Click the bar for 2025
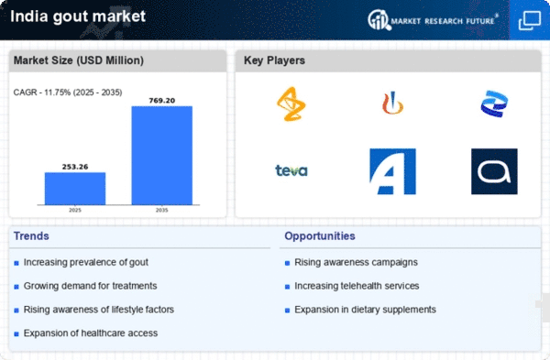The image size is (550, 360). click(x=75, y=189)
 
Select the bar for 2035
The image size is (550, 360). click(x=162, y=156)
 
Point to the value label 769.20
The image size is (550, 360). click(x=162, y=101)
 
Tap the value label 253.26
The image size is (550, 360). click(x=75, y=167)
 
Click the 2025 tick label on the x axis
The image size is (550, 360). click(x=75, y=210)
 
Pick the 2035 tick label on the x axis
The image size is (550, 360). click(x=162, y=210)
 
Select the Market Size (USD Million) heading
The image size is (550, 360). click(x=79, y=60)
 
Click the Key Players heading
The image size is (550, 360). click(x=274, y=60)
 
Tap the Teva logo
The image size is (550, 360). click(x=291, y=170)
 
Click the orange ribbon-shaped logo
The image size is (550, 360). click(x=291, y=104)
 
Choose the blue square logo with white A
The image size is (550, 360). click(x=393, y=171)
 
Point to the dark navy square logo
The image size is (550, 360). click(x=494, y=171)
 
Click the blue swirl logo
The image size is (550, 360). click(x=494, y=104)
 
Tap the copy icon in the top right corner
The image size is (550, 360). click(x=530, y=20)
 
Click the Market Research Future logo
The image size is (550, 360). click(x=433, y=20)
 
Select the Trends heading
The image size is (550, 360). click(x=31, y=236)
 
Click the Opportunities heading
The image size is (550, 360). click(x=320, y=236)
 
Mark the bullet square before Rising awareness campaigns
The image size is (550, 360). click(x=287, y=263)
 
